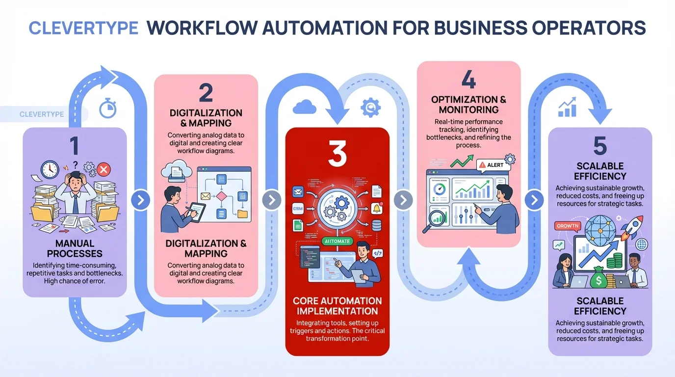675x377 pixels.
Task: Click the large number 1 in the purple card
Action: tap(75, 146)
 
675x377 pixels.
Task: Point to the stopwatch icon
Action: tap(107, 108)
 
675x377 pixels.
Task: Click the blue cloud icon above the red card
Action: tap(304, 107)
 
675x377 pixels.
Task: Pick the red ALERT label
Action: tap(492, 165)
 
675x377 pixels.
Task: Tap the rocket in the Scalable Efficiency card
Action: tap(631, 229)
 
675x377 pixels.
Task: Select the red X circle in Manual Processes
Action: tap(104, 170)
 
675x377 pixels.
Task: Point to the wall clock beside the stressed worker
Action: tap(50, 170)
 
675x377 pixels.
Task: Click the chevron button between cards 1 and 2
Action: tap(140, 200)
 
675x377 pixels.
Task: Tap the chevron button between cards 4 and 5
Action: tap(534, 200)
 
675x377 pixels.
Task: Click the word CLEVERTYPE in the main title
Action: tap(83, 28)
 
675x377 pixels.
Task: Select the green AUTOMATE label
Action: tap(337, 241)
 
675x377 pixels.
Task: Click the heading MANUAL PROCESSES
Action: tap(75, 248)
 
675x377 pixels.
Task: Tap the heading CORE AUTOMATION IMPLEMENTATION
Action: tap(337, 306)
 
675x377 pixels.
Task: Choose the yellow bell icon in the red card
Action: tap(377, 208)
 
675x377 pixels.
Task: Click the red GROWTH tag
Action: tap(568, 226)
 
